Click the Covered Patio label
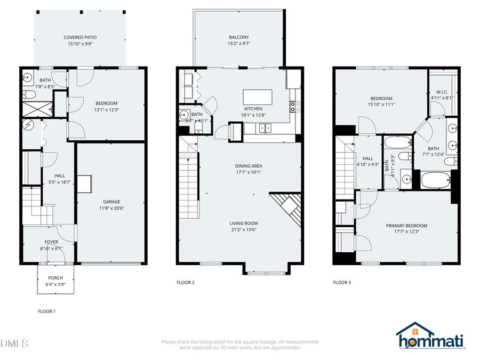(80, 37)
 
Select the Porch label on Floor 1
(55, 278)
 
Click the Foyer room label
(51, 242)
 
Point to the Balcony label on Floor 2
(239, 37)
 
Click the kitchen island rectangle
(258, 97)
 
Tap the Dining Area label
(249, 166)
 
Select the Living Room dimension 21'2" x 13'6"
(244, 230)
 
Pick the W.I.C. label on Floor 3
(442, 91)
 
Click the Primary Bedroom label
(406, 226)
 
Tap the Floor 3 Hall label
(368, 158)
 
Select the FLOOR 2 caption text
(185, 282)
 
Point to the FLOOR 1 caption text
(46, 311)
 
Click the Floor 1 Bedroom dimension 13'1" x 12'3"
(106, 110)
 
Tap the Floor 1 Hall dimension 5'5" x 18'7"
(59, 182)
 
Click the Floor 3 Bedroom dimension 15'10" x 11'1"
(381, 105)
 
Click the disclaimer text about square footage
(240, 345)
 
